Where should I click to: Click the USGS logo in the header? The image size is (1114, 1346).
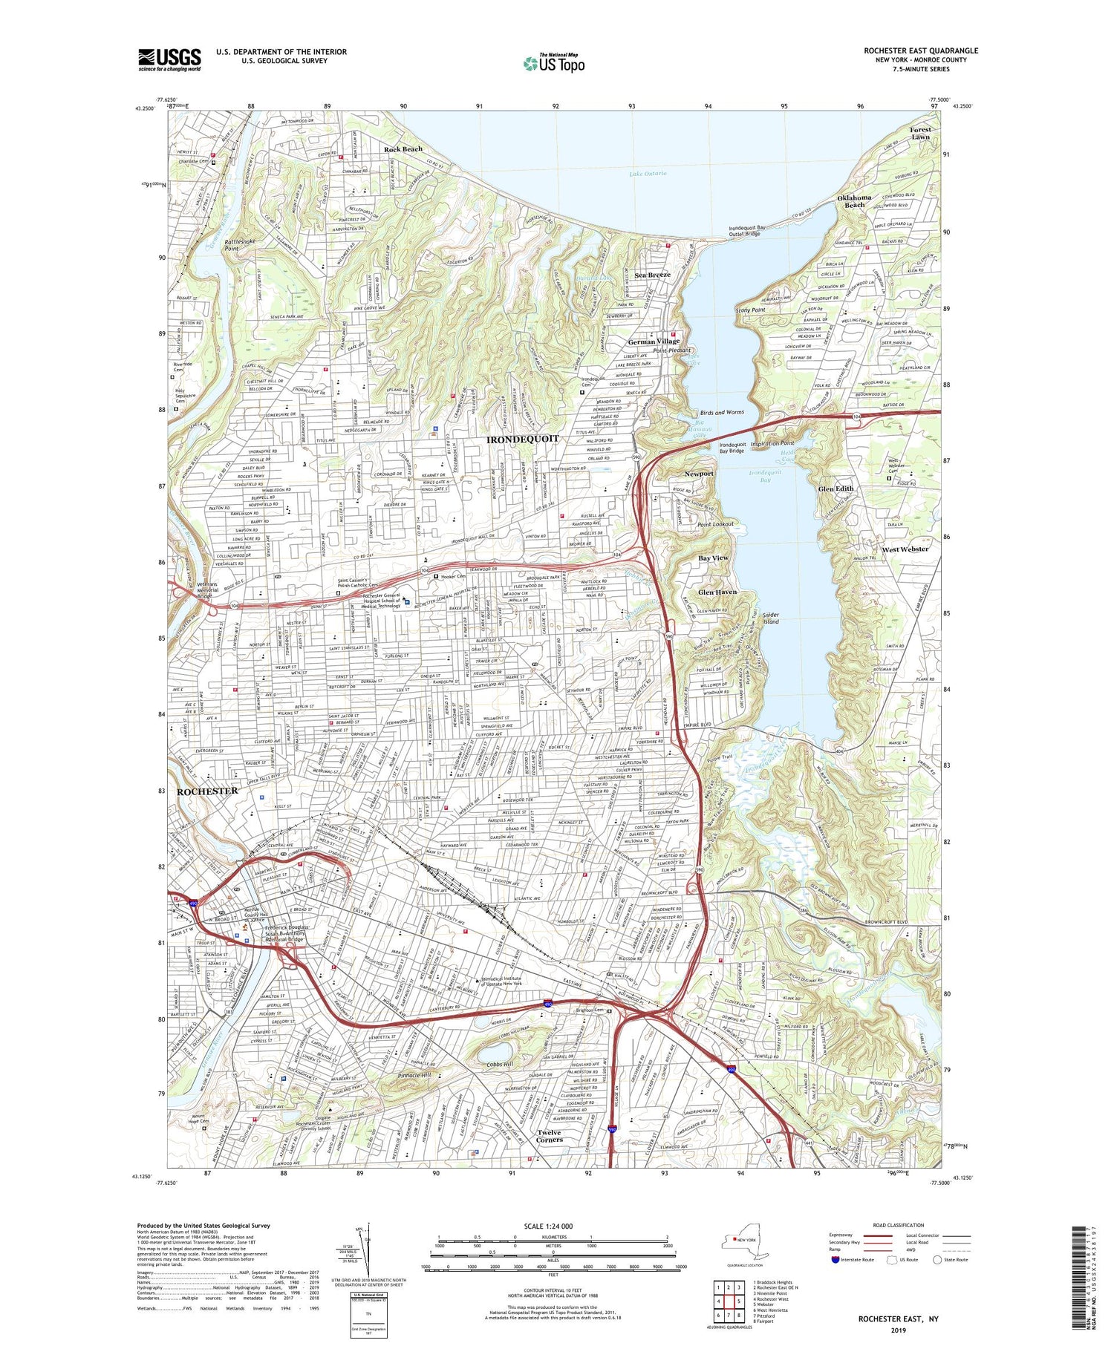(x=169, y=59)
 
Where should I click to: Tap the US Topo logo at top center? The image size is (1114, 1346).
(x=553, y=64)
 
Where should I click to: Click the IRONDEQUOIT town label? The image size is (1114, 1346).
(x=521, y=440)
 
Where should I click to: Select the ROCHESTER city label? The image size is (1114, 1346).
(x=207, y=791)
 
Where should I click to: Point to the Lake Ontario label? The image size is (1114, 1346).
(x=648, y=174)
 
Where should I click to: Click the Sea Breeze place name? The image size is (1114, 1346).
(x=652, y=275)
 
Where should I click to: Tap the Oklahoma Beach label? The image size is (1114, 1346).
(x=854, y=201)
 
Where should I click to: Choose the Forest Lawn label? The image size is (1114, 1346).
(x=920, y=133)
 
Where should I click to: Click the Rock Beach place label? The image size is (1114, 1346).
(x=403, y=149)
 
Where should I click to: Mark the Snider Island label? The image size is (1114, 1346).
(x=771, y=618)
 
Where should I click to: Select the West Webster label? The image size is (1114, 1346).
(x=905, y=549)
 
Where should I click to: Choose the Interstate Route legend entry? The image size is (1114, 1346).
(x=857, y=1260)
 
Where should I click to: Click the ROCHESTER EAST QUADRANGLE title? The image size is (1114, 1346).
(x=920, y=50)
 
